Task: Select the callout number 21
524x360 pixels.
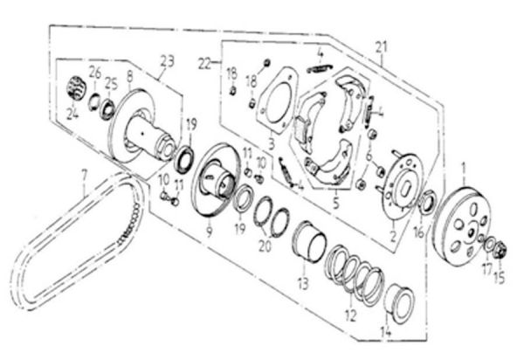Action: pos(380,45)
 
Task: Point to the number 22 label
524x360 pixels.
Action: pos(204,63)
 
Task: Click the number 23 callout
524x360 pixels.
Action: pos(167,60)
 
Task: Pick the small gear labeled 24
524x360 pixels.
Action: pos(76,89)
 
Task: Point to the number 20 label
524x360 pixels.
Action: pos(265,247)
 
